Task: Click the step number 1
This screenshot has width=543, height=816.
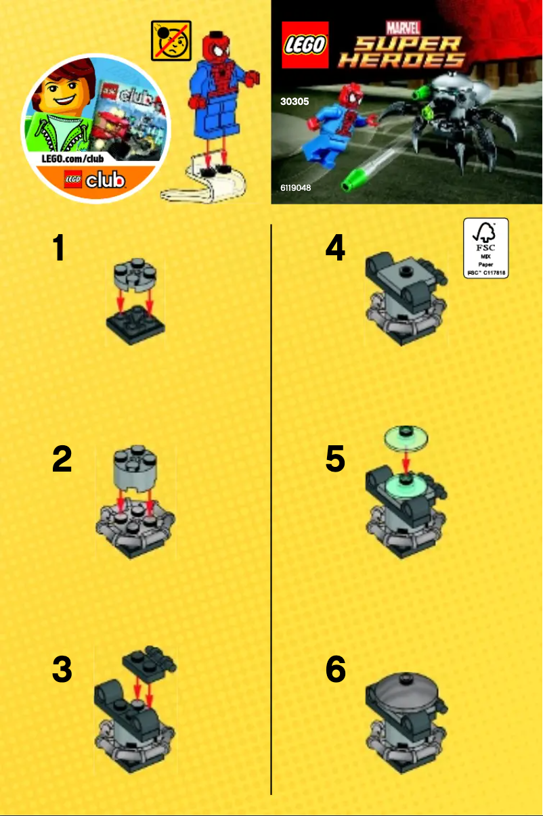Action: pyautogui.click(x=60, y=248)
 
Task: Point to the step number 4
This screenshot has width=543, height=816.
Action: pyautogui.click(x=335, y=248)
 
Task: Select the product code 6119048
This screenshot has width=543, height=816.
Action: pyautogui.click(x=295, y=187)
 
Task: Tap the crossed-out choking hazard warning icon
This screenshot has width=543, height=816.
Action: pyautogui.click(x=171, y=41)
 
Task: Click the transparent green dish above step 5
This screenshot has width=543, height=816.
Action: pyautogui.click(x=406, y=436)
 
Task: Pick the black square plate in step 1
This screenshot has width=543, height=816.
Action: pyautogui.click(x=136, y=325)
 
